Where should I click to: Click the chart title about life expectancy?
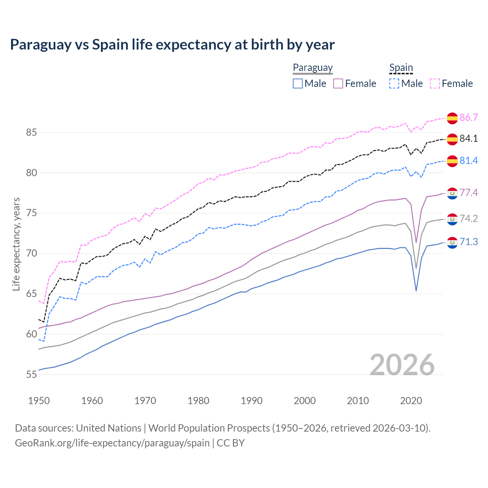pos(172,45)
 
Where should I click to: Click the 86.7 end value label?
pos(469,117)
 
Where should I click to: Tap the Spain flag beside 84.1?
pos(452,139)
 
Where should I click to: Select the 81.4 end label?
pos(469,161)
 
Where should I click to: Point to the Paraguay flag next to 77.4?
pos(452,193)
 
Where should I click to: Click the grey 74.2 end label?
pos(469,218)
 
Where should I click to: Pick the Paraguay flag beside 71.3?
pos(452,242)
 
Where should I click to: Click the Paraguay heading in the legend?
pos(313,67)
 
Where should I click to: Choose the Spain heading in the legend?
pos(401,67)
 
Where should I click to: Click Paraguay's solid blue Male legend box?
pos(298,83)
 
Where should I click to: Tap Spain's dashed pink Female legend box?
pos(435,83)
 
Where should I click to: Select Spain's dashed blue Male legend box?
pos(394,83)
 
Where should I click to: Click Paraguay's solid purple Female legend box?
pos(338,83)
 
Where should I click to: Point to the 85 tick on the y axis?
pos(31,133)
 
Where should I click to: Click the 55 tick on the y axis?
pos(31,375)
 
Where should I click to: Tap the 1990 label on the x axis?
pos(252,401)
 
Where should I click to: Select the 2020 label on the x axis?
pos(411,401)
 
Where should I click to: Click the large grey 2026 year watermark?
pos(402,365)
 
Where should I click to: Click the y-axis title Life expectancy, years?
pos(16,244)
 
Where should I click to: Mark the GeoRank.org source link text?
pos(112,443)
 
